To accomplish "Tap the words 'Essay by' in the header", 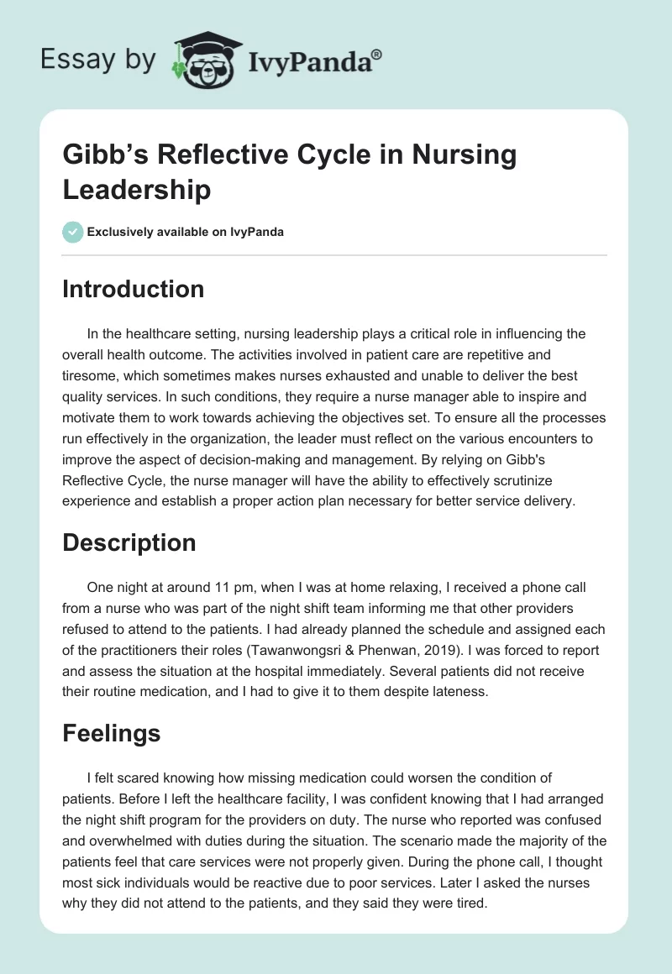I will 98,60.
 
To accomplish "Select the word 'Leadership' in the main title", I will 136,190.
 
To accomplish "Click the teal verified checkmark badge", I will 73,232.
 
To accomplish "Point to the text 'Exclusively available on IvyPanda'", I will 185,232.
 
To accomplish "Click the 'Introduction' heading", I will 134,289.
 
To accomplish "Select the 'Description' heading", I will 129,542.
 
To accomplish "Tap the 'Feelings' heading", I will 112,732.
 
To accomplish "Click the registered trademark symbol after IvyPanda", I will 378,54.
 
